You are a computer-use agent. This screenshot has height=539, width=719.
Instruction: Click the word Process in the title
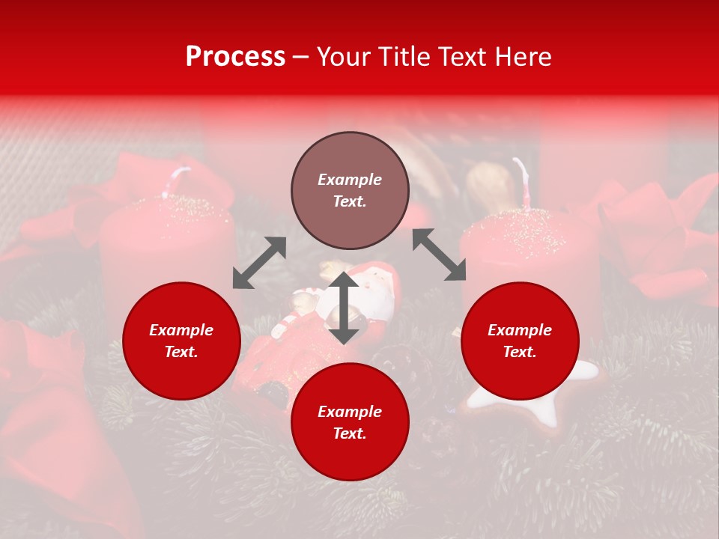[235, 57]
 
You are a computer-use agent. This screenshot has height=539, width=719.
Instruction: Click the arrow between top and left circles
[259, 263]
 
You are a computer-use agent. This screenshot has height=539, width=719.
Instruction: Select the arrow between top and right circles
[439, 255]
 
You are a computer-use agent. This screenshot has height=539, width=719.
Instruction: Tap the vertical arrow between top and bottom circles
[344, 308]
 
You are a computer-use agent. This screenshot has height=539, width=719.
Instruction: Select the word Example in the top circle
[350, 180]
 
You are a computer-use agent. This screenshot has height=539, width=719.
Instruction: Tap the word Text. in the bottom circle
[350, 433]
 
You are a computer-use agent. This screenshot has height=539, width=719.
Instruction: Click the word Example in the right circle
[520, 330]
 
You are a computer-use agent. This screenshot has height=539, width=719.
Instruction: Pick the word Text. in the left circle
[181, 352]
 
